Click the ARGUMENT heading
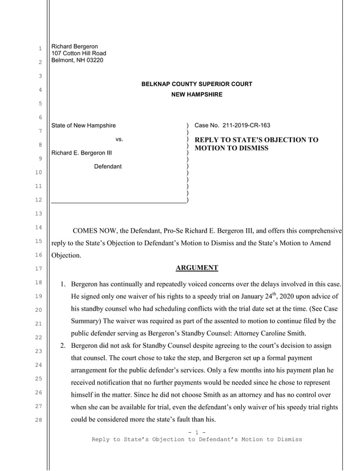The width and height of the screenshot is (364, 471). coord(196,267)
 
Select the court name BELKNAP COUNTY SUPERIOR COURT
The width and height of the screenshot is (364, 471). coord(197,84)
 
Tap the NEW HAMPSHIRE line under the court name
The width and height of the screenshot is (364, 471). coord(197,95)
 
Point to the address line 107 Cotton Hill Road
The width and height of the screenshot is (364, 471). coord(79,54)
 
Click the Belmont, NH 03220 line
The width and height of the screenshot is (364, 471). coord(78,60)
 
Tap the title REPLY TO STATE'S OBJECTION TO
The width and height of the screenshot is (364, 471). coord(256,140)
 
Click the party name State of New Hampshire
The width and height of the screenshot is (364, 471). coord(84,125)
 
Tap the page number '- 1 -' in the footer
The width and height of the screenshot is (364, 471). coord(196,433)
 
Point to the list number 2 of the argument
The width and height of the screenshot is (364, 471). coord(63,346)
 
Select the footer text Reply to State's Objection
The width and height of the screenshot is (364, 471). coord(139,440)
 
